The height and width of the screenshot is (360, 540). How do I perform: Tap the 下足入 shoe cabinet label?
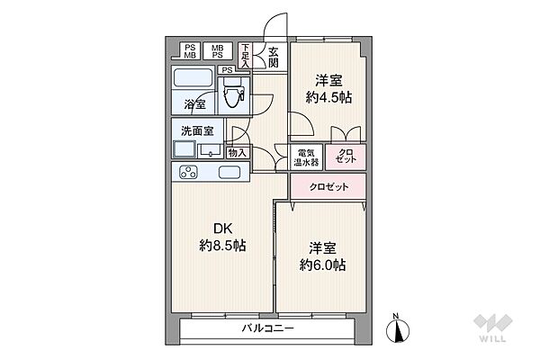pos(246,56)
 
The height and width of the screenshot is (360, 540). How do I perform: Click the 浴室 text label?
pos(194,103)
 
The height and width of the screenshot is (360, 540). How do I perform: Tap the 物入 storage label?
pos(237,153)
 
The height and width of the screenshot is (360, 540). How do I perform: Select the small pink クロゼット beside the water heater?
pos(346,155)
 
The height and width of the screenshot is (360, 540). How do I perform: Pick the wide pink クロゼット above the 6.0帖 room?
pos(328,188)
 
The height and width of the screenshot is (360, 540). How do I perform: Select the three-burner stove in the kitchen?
pos(190,172)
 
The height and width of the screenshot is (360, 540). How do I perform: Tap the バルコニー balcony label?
pos(267,329)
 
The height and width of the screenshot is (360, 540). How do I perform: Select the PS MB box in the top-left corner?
pos(190,50)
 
